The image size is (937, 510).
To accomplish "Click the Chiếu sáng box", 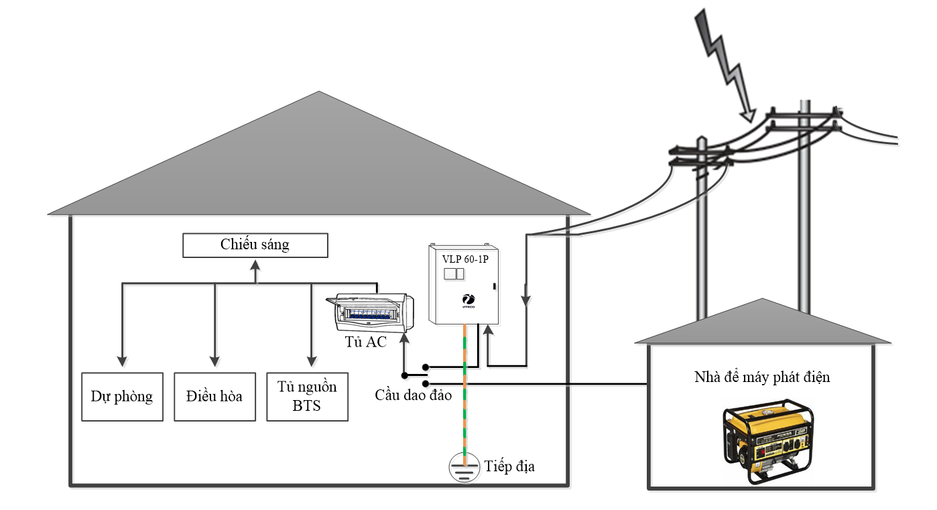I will (255, 245).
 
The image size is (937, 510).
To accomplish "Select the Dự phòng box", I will (122, 396).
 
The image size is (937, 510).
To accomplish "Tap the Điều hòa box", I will (214, 396).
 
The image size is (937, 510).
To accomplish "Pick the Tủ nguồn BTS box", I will (307, 396).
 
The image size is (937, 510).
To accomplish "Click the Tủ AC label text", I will (366, 342).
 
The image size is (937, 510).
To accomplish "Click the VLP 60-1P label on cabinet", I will (465, 259).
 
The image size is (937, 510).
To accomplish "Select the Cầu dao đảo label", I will (413, 395).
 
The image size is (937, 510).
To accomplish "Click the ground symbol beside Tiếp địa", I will (464, 468).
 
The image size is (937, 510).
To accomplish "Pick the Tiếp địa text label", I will (509, 466).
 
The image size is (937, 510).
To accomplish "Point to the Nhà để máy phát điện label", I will (762, 377).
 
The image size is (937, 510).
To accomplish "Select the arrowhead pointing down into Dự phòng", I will (122, 361).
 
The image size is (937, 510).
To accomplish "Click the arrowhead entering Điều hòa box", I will (214, 361).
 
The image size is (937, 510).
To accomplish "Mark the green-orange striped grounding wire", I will (464, 395).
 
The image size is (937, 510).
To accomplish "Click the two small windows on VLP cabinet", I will (454, 273).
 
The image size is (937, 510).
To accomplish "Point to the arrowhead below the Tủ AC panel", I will (403, 338).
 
